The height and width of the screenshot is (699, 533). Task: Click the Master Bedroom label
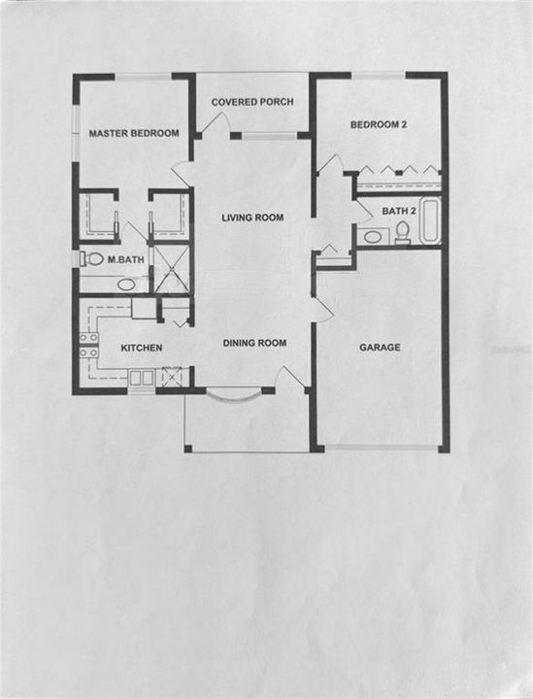click(x=134, y=133)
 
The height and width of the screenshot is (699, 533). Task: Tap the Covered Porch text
click(x=252, y=102)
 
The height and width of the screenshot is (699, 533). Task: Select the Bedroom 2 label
click(x=379, y=125)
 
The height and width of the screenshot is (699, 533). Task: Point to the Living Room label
click(x=252, y=217)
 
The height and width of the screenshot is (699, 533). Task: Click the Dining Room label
click(x=254, y=343)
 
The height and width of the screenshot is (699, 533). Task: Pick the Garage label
click(x=380, y=348)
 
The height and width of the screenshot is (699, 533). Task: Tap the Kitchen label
click(x=142, y=348)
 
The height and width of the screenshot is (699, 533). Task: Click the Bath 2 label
click(x=399, y=211)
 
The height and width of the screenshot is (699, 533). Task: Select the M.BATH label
click(x=125, y=259)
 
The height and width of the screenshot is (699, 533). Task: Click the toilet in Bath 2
click(x=403, y=233)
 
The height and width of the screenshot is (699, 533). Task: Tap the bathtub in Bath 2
click(x=430, y=221)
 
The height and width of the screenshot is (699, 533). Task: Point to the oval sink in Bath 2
click(x=373, y=236)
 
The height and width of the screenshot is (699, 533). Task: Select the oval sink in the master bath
click(x=126, y=283)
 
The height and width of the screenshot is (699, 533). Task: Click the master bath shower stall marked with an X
click(x=171, y=269)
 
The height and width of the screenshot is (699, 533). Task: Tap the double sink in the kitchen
click(x=142, y=378)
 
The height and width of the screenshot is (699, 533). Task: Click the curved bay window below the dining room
click(x=233, y=396)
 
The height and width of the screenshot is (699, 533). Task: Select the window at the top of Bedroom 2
click(x=379, y=76)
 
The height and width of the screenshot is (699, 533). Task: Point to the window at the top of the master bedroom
click(x=144, y=77)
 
